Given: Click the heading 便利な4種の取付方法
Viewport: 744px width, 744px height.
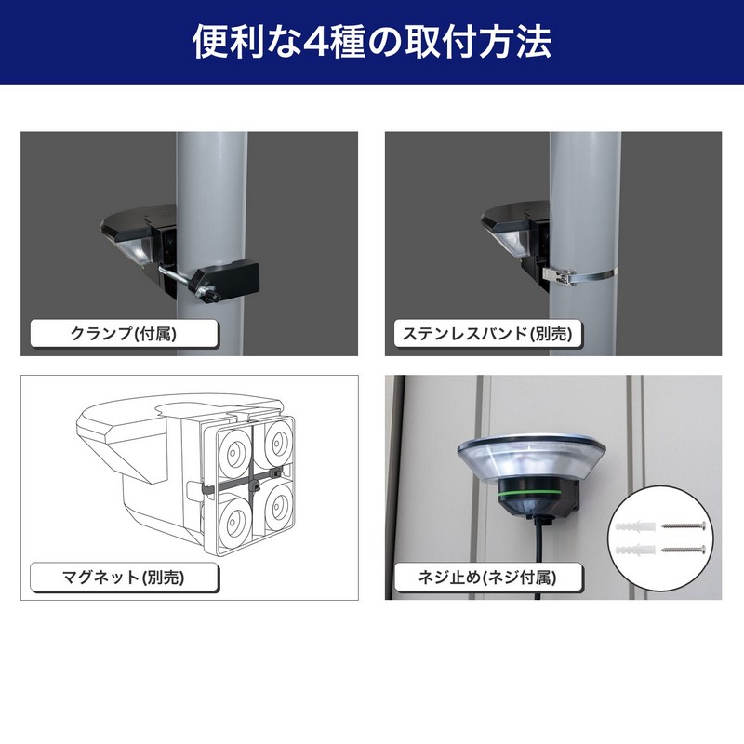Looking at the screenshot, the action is (372, 42).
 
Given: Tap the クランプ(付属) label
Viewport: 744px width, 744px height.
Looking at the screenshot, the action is (124, 334).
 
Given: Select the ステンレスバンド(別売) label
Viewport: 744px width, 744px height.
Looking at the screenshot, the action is (487, 334).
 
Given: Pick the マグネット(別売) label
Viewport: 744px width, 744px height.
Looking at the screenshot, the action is (124, 577).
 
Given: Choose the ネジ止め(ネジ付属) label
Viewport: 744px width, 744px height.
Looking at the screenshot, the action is (487, 577).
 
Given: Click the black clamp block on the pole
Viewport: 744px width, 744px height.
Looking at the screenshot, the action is (227, 281).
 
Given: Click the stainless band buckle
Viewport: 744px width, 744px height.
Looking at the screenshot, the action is (560, 275).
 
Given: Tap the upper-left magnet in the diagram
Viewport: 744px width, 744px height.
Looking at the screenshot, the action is (233, 453).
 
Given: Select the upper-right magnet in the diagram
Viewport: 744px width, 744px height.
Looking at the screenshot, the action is (277, 444).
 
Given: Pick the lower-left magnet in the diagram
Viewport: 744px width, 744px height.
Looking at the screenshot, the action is (234, 521).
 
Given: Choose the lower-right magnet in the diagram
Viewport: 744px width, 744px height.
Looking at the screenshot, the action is (277, 508).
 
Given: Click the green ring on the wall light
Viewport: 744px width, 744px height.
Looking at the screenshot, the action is (532, 493).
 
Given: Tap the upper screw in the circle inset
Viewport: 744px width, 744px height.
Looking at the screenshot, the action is (684, 525).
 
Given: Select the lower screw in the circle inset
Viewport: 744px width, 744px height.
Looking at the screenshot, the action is (684, 550).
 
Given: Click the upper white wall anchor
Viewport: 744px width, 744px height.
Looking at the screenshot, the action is (635, 526).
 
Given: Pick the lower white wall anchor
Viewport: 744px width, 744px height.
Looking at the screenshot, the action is (635, 550).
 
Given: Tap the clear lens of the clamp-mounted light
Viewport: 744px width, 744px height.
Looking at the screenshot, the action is (136, 249).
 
